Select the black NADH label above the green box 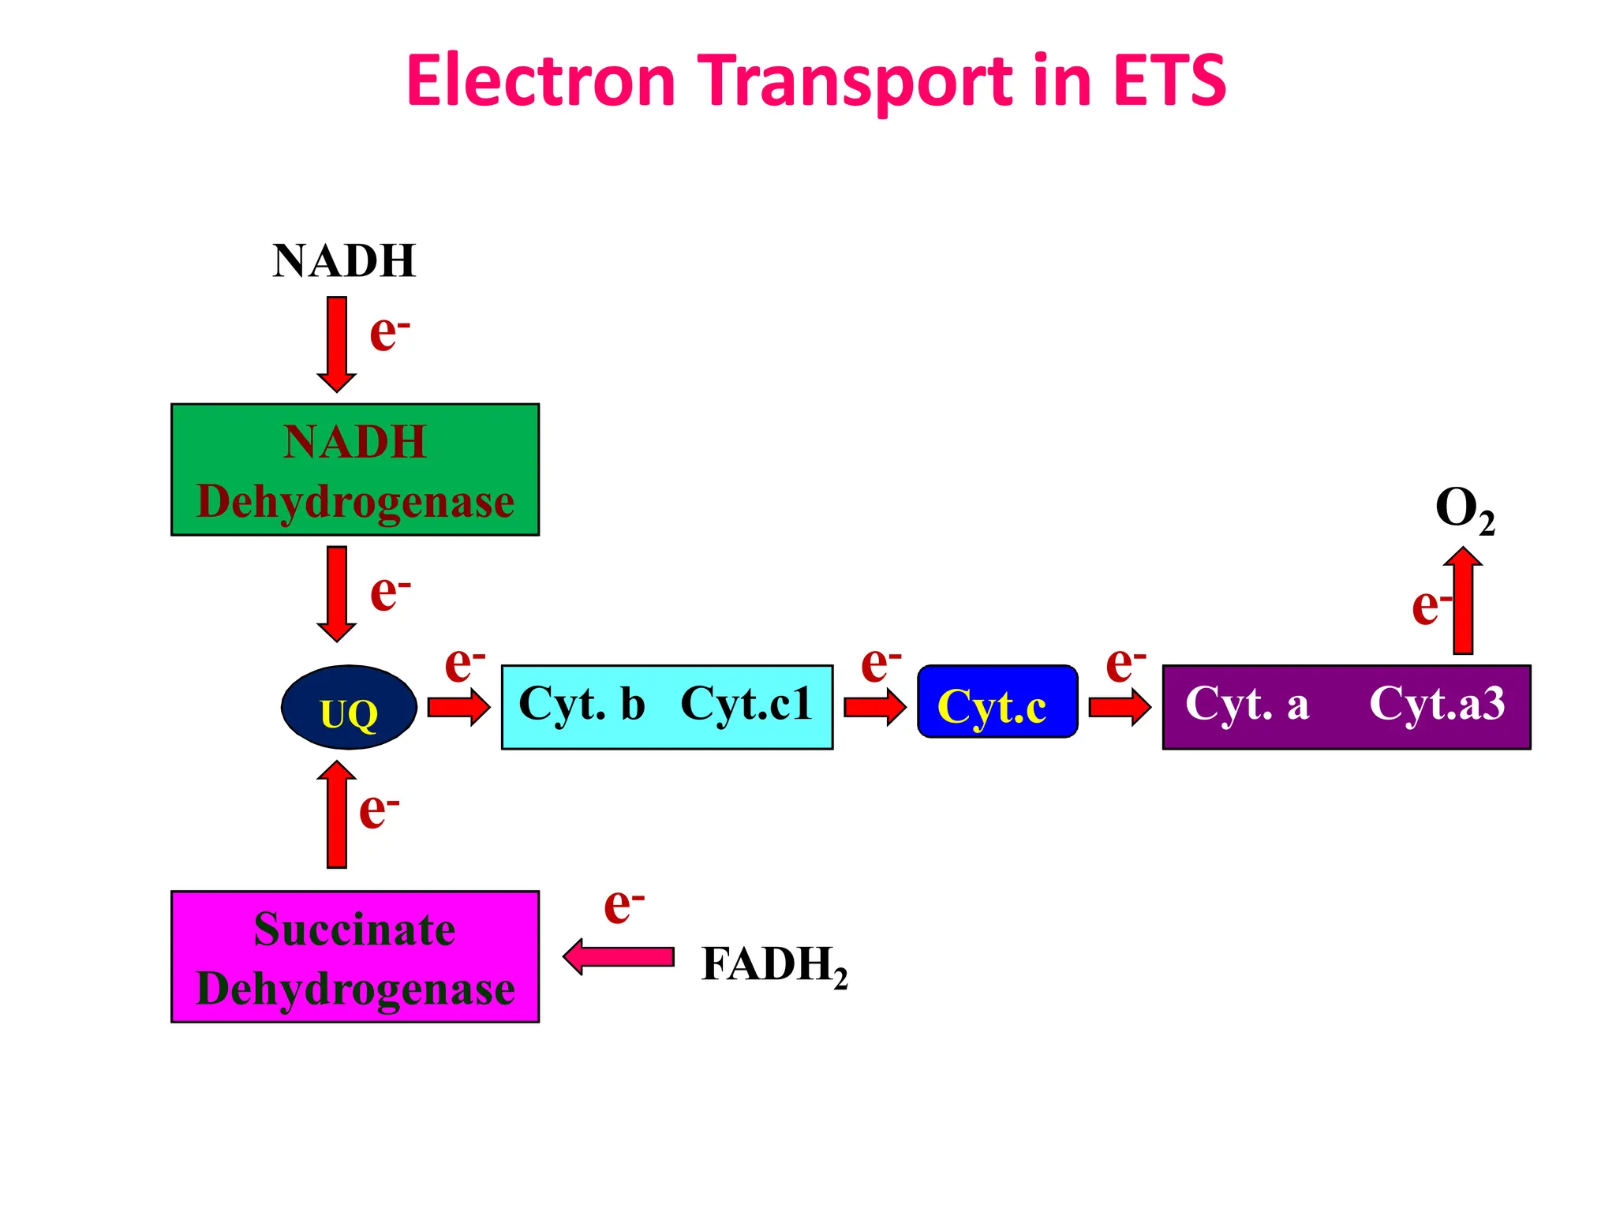click(x=344, y=260)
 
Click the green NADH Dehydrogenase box click(x=355, y=470)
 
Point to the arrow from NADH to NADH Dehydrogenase click(x=337, y=344)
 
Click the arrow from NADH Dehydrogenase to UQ click(x=337, y=593)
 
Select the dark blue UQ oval click(x=349, y=708)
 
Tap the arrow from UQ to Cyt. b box click(x=458, y=706)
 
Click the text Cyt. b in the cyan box click(x=582, y=703)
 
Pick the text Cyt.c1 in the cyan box click(x=746, y=703)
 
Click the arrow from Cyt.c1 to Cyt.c click(x=874, y=706)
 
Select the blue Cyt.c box click(x=997, y=702)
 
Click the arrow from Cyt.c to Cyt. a click(x=1119, y=706)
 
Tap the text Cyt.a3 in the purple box click(x=1437, y=703)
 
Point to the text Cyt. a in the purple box click(x=1248, y=703)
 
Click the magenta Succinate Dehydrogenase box click(x=355, y=957)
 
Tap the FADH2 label click(x=774, y=965)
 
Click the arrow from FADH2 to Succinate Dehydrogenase click(x=619, y=957)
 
